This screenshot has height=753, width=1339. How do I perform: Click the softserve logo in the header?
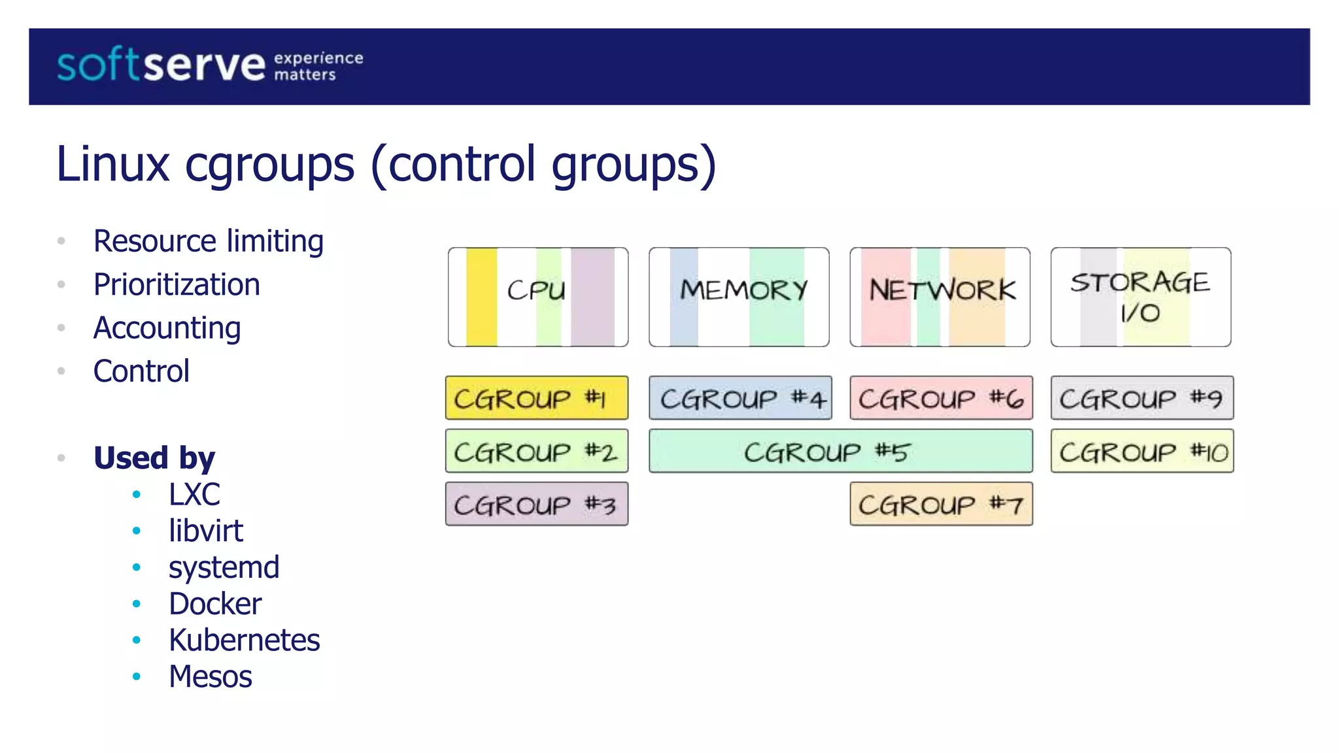(x=161, y=66)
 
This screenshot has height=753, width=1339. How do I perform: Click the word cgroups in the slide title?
(x=269, y=165)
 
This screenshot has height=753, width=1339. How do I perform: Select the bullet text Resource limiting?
(x=209, y=241)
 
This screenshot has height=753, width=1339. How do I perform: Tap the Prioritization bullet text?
(x=177, y=285)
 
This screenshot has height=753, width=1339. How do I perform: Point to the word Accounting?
(x=167, y=328)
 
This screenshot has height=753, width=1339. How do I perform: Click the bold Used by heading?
(x=154, y=458)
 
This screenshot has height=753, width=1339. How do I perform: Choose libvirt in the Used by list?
(x=206, y=531)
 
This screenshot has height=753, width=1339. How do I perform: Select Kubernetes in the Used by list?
(x=244, y=641)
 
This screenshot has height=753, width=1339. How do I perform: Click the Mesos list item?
(x=210, y=677)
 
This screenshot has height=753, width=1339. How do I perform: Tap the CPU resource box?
(x=537, y=297)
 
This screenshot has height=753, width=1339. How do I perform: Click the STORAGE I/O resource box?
(x=1140, y=297)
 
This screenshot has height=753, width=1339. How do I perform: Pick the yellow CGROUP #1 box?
(x=536, y=398)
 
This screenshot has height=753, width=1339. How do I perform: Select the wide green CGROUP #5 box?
(x=840, y=451)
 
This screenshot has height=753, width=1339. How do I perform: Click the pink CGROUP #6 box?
(x=941, y=398)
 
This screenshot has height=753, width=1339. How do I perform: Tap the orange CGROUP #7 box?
(x=941, y=504)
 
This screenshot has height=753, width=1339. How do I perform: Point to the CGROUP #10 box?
(x=1142, y=451)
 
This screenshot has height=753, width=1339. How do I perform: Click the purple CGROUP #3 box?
(x=536, y=504)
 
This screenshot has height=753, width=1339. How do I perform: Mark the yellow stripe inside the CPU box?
(x=481, y=297)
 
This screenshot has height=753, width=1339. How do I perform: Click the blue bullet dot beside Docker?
(x=137, y=604)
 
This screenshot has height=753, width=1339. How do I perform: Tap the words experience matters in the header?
(x=318, y=66)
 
